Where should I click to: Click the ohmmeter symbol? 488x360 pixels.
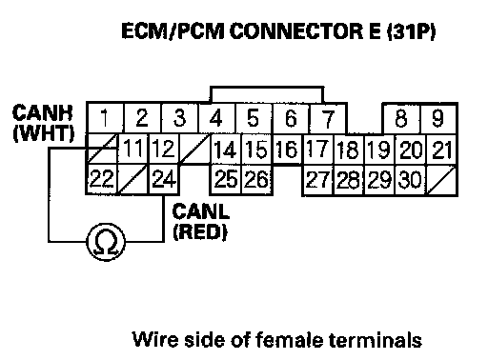point(106,242)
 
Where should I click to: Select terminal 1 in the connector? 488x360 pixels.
point(105,118)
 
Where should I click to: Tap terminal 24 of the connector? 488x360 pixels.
point(164,179)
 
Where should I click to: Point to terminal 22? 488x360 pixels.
point(102,179)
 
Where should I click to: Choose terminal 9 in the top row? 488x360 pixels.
point(438,118)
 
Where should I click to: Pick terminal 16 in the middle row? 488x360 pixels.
point(287,150)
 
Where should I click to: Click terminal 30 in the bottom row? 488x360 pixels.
point(410,180)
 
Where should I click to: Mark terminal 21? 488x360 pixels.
point(441,150)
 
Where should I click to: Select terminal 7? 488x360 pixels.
point(328,118)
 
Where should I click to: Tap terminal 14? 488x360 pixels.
point(226,150)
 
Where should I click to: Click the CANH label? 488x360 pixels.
point(43,112)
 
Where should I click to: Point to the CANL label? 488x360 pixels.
point(200,211)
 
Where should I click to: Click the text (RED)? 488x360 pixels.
point(200,232)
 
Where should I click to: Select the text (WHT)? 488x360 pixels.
point(44,133)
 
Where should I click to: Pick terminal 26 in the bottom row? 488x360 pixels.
point(256,179)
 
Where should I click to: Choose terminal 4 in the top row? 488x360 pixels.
point(216,118)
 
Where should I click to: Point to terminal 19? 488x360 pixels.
point(379,150)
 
